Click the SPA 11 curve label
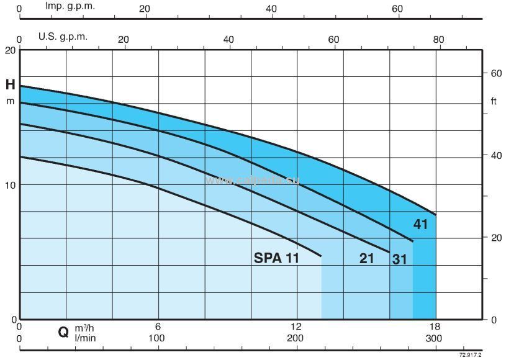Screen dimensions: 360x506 point(276,258)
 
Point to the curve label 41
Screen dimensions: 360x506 point(421,225)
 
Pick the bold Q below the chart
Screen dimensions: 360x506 point(63,332)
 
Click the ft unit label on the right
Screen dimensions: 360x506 point(494,101)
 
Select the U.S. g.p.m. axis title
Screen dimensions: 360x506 point(63,36)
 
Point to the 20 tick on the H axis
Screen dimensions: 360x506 point(10,50)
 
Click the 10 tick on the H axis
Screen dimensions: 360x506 point(10,185)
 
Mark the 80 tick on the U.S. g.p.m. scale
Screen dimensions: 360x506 point(438,39)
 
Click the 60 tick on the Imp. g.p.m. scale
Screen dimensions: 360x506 point(397,9)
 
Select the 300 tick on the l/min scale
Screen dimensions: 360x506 point(434,338)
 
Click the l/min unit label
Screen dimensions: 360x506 point(85,338)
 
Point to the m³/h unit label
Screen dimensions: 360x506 point(86,328)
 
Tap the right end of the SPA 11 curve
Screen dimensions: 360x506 point(322,256)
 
